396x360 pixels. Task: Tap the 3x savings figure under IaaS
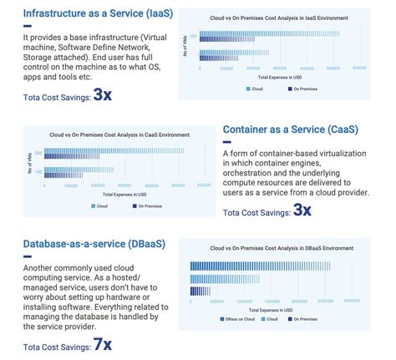point(102,95)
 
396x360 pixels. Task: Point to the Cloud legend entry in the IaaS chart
point(256,88)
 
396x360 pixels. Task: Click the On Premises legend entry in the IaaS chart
point(302,88)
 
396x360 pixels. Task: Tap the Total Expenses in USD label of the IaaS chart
point(279,77)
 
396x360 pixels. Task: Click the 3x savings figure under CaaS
point(302,210)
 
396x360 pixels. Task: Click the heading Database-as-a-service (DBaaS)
point(94,245)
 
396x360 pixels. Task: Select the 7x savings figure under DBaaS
point(103,344)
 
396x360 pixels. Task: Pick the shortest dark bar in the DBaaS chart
point(200,292)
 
